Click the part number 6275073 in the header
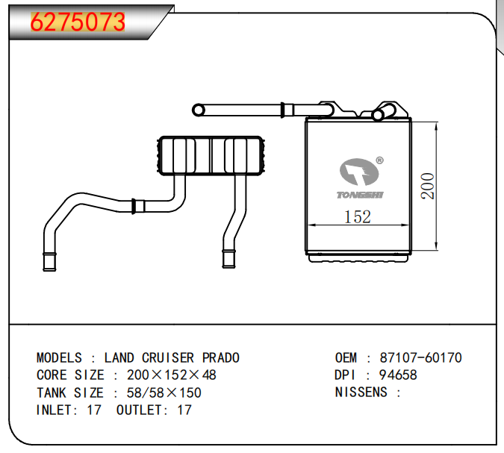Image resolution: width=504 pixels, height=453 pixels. pyautogui.click(x=78, y=22)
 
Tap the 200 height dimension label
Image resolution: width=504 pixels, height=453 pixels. pyautogui.click(x=428, y=186)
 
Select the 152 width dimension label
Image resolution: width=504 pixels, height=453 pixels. pyautogui.click(x=357, y=217)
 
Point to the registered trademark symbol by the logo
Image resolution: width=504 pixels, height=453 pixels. pyautogui.click(x=379, y=160)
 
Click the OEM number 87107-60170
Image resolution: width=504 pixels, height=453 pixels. pyautogui.click(x=421, y=358)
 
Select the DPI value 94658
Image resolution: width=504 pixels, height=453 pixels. pyautogui.click(x=399, y=375)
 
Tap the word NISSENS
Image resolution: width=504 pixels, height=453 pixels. pyautogui.click(x=361, y=393)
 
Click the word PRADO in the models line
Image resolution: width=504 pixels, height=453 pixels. pyautogui.click(x=221, y=358)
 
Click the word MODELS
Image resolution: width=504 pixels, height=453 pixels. pyautogui.click(x=60, y=358)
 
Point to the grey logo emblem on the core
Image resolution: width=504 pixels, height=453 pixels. pyautogui.click(x=359, y=172)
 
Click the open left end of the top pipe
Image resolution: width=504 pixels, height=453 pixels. pyautogui.click(x=199, y=110)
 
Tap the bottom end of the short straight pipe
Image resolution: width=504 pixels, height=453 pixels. pyautogui.click(x=226, y=260)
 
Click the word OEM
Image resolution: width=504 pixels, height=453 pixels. pyautogui.click(x=346, y=358)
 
